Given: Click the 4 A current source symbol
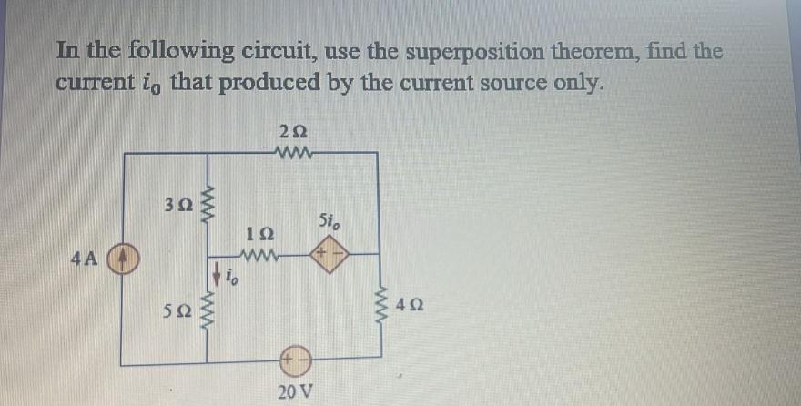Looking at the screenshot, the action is (x=123, y=259).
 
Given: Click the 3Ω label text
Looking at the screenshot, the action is (x=176, y=209).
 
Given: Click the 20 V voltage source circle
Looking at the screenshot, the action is (x=298, y=364).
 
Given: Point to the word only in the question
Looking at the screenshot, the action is (x=578, y=83).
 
